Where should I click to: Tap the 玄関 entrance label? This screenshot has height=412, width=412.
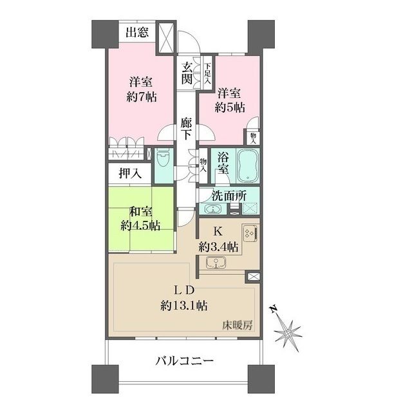coord(187,73)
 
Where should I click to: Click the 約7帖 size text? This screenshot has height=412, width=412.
coord(142,97)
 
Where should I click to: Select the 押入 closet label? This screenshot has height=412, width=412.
coord(129,173)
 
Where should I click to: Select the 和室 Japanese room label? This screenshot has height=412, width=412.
coord(141,212)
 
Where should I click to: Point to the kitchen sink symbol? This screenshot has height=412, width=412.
coord(215,261)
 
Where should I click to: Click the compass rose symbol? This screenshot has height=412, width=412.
coord(287,332)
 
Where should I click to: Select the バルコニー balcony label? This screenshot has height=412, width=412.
coord(183,360)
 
